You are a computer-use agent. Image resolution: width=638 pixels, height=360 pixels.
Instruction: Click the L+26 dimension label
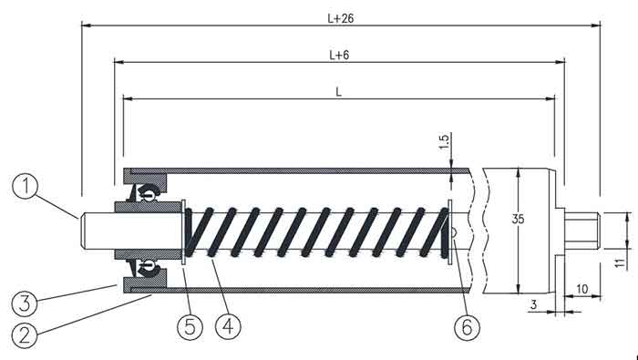point(341,18)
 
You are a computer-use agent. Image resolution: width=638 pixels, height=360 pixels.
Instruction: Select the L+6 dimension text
point(339,55)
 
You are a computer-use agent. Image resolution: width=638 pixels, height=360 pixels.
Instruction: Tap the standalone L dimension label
point(338,92)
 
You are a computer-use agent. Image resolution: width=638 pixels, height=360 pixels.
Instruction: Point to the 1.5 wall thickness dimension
point(445,142)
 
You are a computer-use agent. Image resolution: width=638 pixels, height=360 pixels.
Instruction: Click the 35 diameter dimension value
point(518,219)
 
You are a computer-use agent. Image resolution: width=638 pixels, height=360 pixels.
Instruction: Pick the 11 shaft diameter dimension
point(620,262)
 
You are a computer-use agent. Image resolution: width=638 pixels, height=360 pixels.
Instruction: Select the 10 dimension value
point(582,289)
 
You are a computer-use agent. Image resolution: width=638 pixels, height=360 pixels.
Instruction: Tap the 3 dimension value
point(534,304)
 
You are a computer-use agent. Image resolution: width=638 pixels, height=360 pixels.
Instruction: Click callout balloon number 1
point(26,186)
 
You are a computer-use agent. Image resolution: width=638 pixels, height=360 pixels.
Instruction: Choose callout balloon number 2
point(25,335)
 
